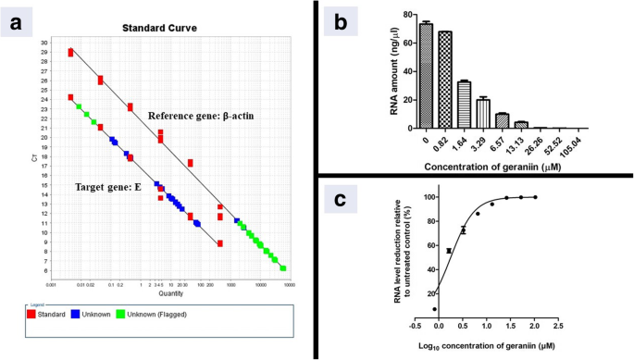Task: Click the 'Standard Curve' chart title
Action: click(x=158, y=29)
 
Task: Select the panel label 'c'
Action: click(x=340, y=201)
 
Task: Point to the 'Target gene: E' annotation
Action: click(x=109, y=187)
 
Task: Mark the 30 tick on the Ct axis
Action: click(x=44, y=43)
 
